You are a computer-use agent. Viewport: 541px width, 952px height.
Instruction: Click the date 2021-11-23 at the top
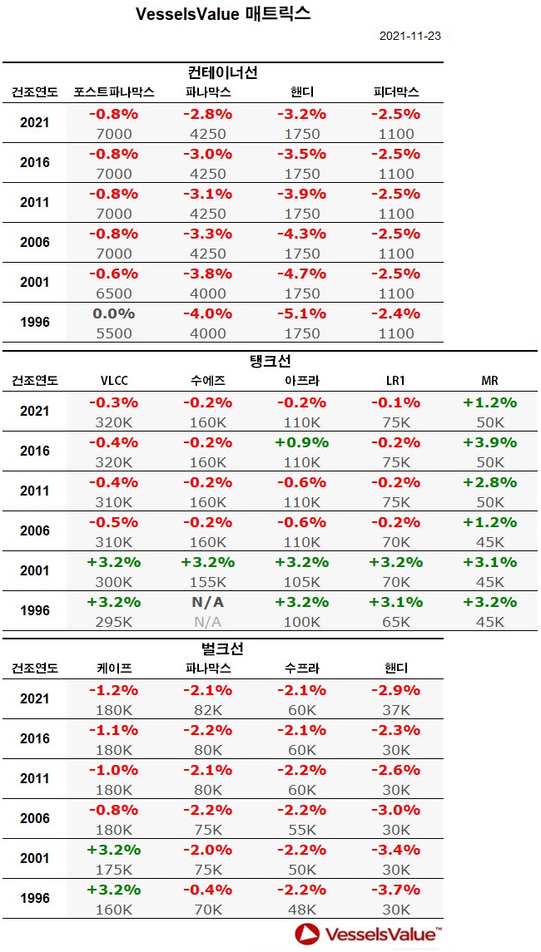point(409,37)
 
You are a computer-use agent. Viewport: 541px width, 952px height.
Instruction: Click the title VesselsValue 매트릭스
point(223,14)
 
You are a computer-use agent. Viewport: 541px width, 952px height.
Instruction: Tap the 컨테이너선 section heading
point(222,72)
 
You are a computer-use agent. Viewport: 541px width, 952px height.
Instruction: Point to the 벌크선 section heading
point(222,648)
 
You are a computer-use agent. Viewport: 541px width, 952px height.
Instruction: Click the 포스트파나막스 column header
point(114,91)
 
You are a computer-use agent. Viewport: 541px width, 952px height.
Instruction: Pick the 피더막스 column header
point(395,91)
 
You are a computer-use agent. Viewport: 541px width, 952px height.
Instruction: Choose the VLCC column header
point(114,380)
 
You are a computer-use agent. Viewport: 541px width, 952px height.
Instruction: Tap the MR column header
point(489,380)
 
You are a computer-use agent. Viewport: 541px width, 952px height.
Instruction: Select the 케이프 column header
point(114,667)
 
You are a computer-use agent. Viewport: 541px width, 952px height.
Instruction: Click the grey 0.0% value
point(114,313)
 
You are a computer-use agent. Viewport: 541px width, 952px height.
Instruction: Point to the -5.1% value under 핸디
point(301,313)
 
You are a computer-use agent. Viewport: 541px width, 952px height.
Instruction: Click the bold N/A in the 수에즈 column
point(208,602)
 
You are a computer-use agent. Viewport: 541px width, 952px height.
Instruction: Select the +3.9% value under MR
point(489,442)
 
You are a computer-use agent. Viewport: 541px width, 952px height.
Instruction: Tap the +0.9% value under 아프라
point(301,442)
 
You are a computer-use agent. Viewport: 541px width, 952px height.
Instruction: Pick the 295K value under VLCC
point(114,622)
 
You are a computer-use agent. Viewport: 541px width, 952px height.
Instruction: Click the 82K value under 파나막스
point(208,709)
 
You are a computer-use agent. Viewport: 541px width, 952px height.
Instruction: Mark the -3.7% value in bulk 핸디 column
point(395,890)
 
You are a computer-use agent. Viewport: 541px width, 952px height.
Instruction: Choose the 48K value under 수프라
point(301,910)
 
